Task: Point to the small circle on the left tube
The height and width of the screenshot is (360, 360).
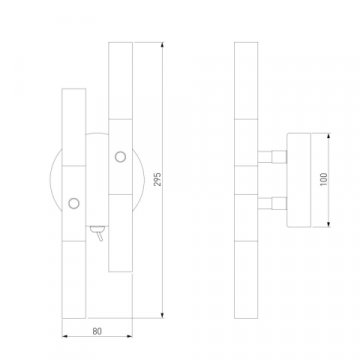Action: pyautogui.click(x=72, y=204)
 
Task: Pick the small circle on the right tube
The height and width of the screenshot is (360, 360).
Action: pyautogui.click(x=120, y=156)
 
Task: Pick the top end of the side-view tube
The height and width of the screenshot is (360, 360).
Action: pyautogui.click(x=244, y=44)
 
